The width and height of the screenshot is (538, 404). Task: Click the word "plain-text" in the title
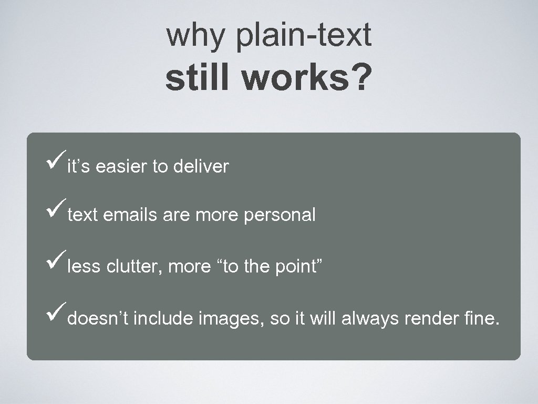pyautogui.click(x=304, y=36)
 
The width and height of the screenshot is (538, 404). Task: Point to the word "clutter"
pyautogui.click(x=135, y=267)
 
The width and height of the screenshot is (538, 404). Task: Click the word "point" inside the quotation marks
pyautogui.click(x=297, y=267)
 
